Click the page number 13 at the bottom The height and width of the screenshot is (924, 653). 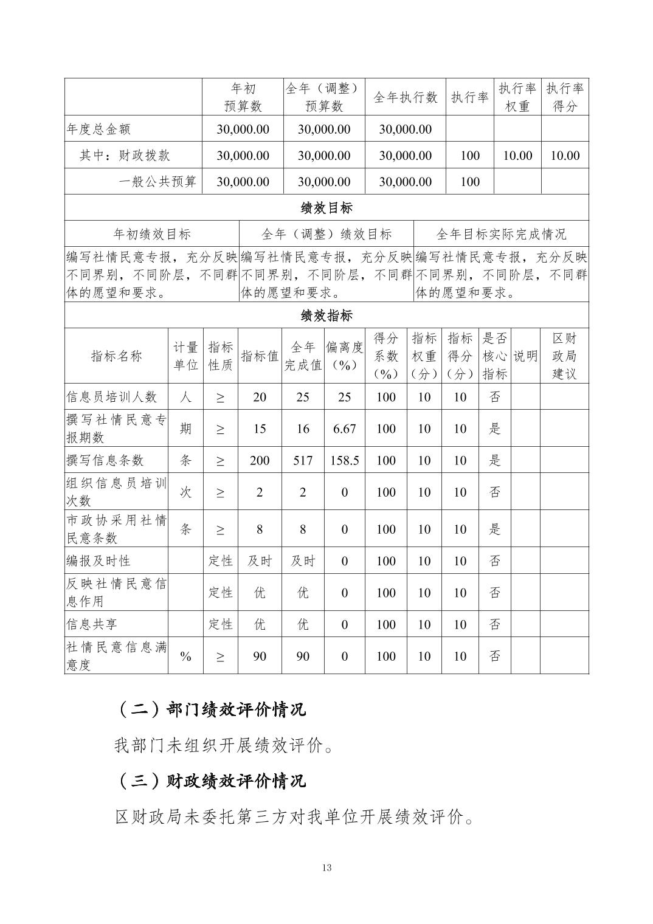point(326,867)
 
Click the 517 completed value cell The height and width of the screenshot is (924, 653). point(303,460)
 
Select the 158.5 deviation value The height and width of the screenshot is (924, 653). point(344,460)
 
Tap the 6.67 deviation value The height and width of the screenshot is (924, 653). point(344,429)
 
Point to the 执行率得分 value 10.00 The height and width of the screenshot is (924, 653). point(565,156)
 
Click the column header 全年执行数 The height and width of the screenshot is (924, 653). point(405,97)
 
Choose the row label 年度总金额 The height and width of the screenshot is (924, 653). point(98,129)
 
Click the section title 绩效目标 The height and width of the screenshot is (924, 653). point(326,208)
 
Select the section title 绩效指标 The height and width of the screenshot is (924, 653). point(326,315)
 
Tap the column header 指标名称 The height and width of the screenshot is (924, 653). point(116,356)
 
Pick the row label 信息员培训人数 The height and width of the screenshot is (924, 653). point(112,397)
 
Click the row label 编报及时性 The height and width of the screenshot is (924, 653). point(98,560)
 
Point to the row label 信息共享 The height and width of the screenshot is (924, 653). point(92,624)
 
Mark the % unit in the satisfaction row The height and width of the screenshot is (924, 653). point(185,656)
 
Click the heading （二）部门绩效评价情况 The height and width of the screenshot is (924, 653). point(210,709)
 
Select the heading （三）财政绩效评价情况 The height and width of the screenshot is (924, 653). point(210,781)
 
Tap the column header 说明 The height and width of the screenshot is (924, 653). point(525,356)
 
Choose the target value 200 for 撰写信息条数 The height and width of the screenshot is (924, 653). point(260,460)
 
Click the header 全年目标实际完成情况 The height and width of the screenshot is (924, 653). point(501,234)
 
